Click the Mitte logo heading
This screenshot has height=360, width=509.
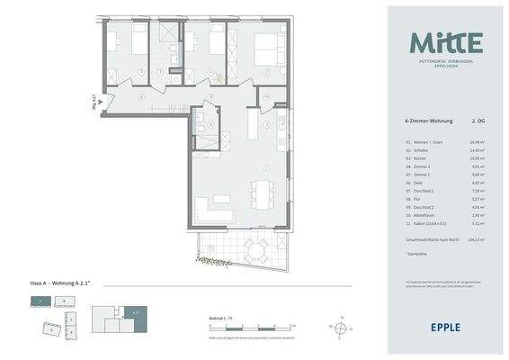tap(447, 42)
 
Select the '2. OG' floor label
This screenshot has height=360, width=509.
tap(479, 119)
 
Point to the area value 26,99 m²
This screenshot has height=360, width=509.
tap(477, 142)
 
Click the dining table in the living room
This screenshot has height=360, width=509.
tap(262, 192)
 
